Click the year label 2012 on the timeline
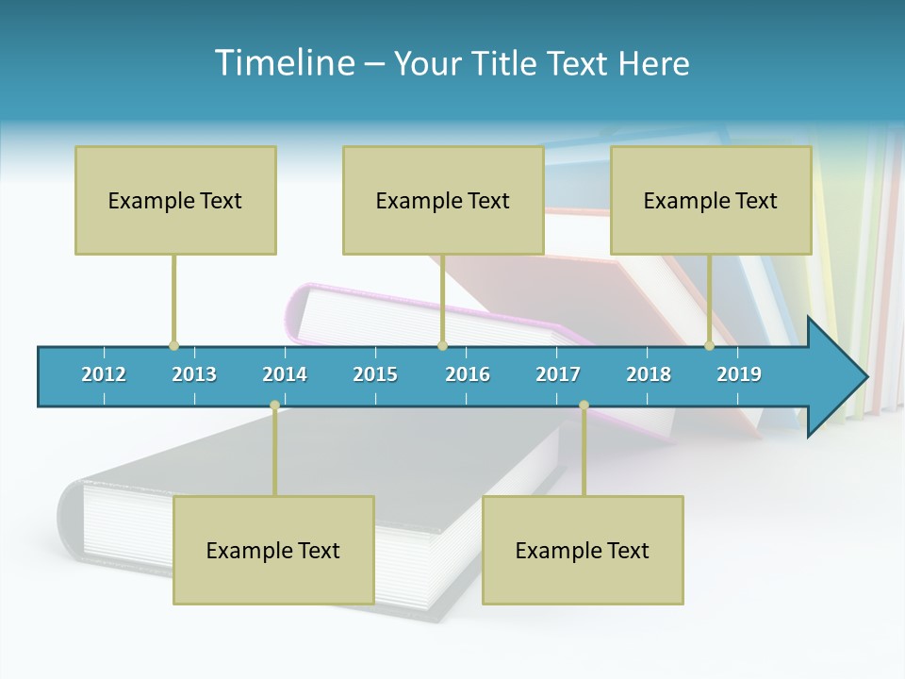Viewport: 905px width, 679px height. click(104, 374)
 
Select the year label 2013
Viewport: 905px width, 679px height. click(194, 374)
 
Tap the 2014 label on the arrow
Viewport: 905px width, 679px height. click(285, 374)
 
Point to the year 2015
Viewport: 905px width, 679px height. click(375, 374)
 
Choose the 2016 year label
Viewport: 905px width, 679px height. click(468, 374)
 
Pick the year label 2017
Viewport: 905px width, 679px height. click(558, 374)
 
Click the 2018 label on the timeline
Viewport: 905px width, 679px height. click(649, 374)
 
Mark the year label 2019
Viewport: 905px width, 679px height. click(739, 374)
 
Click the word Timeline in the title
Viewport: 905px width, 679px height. click(284, 63)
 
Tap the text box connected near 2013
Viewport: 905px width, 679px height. click(175, 200)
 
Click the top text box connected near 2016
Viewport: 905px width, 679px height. click(443, 200)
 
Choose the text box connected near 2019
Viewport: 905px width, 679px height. click(711, 200)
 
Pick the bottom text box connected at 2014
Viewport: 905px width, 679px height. click(273, 550)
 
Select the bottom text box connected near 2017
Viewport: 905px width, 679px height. click(583, 550)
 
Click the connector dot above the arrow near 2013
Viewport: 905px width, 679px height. click(173, 345)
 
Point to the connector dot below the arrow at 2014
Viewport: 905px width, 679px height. click(274, 406)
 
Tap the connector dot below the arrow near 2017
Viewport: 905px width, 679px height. click(584, 406)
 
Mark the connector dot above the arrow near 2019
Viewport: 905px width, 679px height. click(709, 345)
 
